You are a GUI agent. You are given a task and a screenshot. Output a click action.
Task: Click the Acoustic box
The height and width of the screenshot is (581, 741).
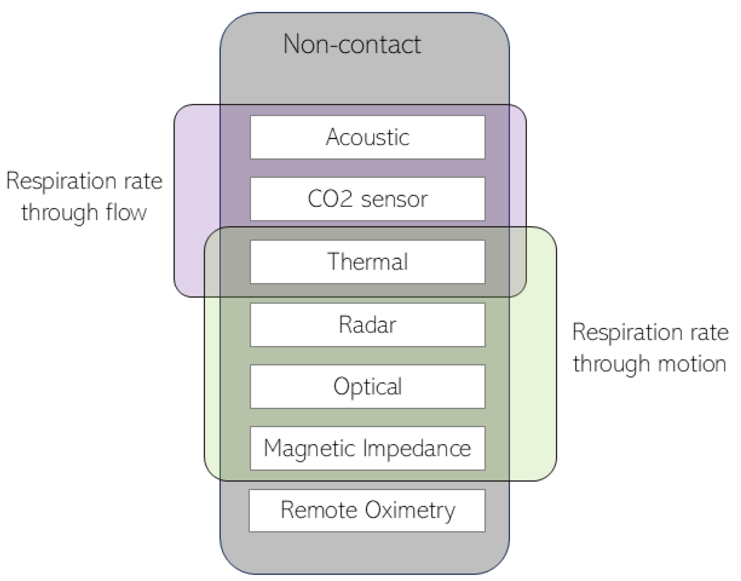tap(367, 137)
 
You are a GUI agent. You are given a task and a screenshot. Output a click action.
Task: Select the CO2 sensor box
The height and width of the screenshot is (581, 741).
tap(367, 199)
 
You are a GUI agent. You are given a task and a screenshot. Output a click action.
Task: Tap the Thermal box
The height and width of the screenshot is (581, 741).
tap(367, 262)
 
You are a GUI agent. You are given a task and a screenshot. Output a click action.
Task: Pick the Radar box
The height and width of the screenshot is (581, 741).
tap(367, 324)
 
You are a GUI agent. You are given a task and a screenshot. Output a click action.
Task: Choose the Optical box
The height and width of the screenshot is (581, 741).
tap(367, 387)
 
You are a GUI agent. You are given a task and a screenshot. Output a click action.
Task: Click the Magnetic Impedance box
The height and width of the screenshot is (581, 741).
tap(367, 448)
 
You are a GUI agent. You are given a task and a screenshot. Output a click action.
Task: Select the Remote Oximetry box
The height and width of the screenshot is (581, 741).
tap(367, 511)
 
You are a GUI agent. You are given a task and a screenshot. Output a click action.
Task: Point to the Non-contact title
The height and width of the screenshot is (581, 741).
tap(352, 44)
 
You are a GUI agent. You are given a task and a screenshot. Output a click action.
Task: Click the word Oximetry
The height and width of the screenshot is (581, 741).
tap(410, 511)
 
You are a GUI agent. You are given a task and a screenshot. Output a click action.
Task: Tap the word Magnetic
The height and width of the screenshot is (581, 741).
tap(310, 448)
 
